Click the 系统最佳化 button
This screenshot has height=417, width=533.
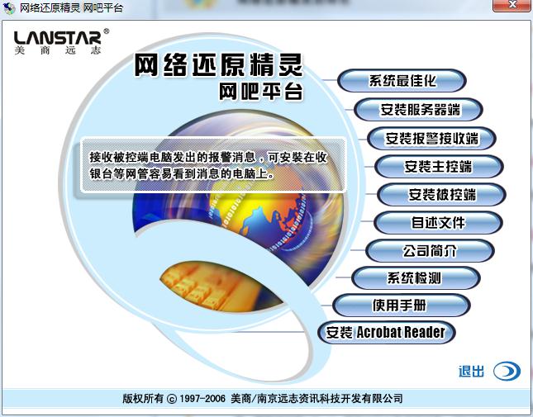pos(402,81)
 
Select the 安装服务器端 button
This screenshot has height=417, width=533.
pos(419,109)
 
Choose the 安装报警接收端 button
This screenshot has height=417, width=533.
pos(431,137)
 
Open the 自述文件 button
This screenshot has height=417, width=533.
pos(438,223)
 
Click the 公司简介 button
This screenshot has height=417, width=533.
pos(430,251)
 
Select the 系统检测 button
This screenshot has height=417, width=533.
pos(414,278)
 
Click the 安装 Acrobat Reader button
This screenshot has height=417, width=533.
pos(386,333)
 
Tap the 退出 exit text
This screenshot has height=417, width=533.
pos(471,372)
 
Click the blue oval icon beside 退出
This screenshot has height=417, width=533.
pos(507,372)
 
